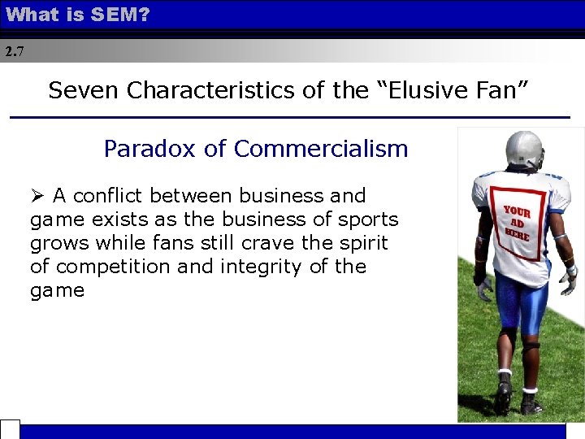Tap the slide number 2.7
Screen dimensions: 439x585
(x=15, y=52)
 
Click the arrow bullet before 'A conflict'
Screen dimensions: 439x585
(x=37, y=196)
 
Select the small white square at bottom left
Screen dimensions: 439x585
(x=10, y=429)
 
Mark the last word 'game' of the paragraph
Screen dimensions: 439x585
(x=57, y=290)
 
